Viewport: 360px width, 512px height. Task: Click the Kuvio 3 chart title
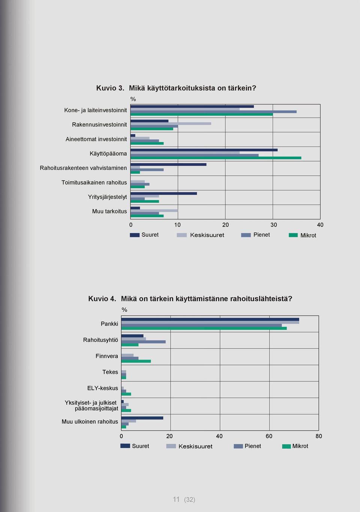pos(176,88)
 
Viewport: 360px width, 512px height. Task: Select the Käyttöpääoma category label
pos(108,154)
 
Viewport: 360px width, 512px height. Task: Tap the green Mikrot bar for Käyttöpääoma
pos(216,158)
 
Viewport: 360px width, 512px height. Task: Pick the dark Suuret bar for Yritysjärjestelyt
pos(163,194)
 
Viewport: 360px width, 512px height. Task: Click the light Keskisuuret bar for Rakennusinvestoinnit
pos(171,123)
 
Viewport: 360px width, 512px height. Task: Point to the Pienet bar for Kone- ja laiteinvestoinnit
pos(213,112)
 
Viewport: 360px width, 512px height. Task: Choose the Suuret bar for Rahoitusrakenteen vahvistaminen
pos(168,164)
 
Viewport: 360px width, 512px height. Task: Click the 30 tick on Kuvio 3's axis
pos(274,225)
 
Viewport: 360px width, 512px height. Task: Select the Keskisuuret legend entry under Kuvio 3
pos(201,235)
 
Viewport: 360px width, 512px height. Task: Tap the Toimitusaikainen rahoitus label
pos(94,182)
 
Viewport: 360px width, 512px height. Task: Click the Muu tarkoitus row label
pos(109,211)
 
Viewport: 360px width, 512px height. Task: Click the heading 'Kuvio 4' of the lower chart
pos(102,299)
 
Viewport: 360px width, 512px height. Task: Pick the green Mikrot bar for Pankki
pos(204,328)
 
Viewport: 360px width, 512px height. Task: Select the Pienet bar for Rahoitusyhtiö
pos(144,342)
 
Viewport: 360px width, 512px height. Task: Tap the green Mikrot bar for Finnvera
pos(136,361)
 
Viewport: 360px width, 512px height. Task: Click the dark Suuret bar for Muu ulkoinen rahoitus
pos(142,418)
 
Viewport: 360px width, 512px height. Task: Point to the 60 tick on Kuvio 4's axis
pos(269,436)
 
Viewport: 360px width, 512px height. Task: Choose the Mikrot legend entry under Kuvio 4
pos(295,446)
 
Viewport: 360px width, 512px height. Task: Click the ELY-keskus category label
pos(103,388)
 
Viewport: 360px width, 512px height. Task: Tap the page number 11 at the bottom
pos(176,499)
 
